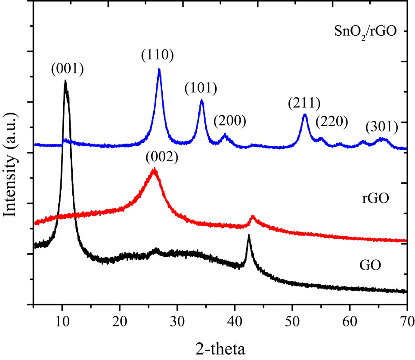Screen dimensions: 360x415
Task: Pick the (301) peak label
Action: point(381,127)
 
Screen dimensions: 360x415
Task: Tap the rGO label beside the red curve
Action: point(375,198)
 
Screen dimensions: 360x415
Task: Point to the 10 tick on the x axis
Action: point(62,320)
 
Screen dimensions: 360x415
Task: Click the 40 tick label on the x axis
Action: point(235,320)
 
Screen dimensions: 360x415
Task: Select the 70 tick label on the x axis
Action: point(406,320)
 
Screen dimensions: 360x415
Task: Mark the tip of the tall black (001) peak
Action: point(65,81)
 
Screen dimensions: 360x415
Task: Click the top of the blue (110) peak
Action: point(159,69)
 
